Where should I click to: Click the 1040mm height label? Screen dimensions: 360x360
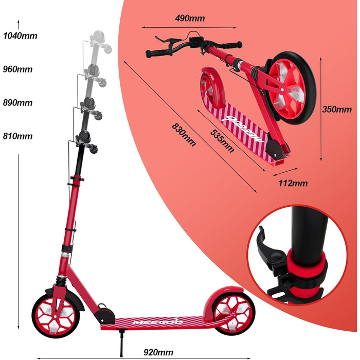tap(20, 36)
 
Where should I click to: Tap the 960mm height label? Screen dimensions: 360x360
tap(17, 69)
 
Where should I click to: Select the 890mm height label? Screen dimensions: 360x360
tap(17, 103)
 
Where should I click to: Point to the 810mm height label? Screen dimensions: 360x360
tap(17, 136)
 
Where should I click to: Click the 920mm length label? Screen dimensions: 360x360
tap(158, 352)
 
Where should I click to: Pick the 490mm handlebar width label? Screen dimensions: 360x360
tap(190, 18)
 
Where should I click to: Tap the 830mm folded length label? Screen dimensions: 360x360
tap(184, 135)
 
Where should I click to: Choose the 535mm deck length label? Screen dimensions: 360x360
tap(222, 141)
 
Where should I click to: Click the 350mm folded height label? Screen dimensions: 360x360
tap(337, 109)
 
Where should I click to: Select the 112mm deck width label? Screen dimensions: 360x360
tap(293, 183)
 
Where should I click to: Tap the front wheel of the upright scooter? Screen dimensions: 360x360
tap(56, 316)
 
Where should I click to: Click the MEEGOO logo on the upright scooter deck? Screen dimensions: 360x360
tap(158, 321)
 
